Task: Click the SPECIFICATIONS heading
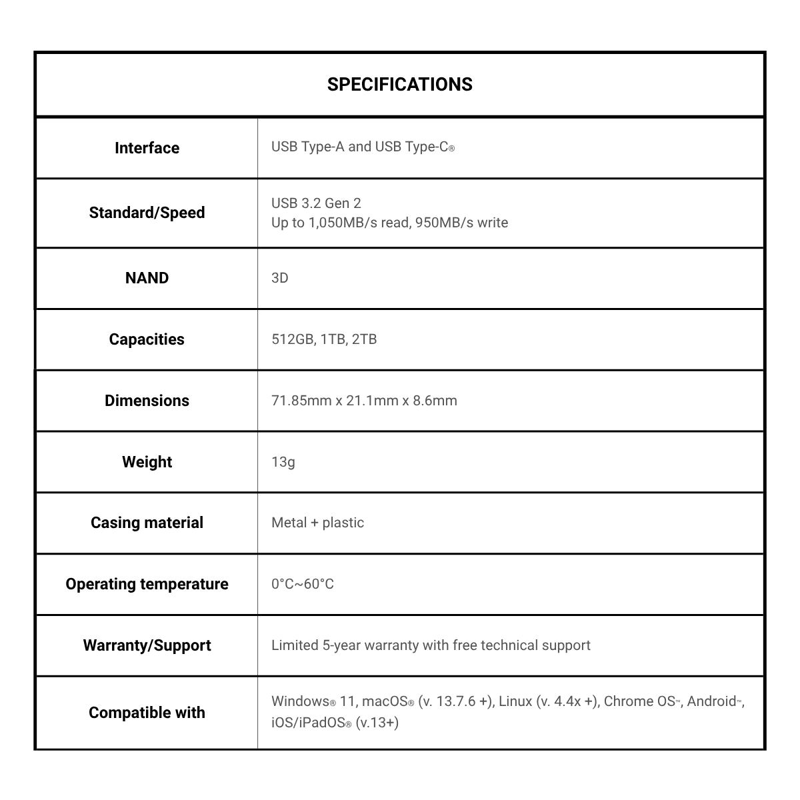pos(399,85)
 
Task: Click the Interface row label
pos(147,148)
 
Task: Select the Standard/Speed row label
pos(147,213)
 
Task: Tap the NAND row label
pos(147,278)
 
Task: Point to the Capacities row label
pos(147,339)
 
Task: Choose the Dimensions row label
pos(147,401)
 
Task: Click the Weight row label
pos(147,462)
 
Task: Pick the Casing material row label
pos(147,523)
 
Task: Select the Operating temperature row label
pos(147,584)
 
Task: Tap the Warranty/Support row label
pos(147,645)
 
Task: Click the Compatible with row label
pos(147,713)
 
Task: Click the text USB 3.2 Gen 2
pos(316,203)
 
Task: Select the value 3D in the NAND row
pos(279,278)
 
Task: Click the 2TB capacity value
pos(364,339)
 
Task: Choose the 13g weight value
pos(283,462)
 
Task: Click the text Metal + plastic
pos(317,523)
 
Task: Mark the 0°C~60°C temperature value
pos(302,584)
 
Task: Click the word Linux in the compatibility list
pos(515,701)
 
